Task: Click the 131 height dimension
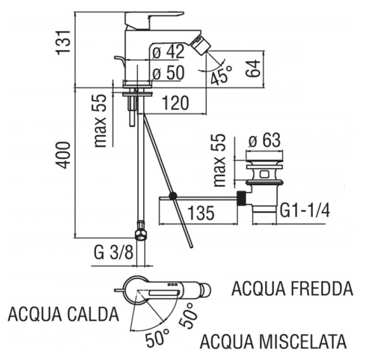[x=63, y=43]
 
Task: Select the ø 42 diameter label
[x=169, y=52]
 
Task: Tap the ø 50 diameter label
[x=169, y=73]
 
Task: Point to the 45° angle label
[x=221, y=75]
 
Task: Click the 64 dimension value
[x=253, y=68]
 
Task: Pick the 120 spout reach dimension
[x=176, y=103]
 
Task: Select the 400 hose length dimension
[x=63, y=155]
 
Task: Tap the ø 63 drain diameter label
[x=264, y=141]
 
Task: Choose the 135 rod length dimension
[x=201, y=213]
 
